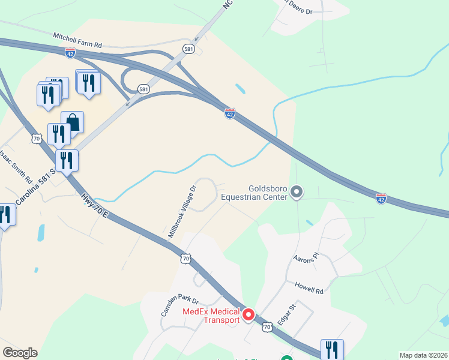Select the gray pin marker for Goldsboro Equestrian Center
point(297,192)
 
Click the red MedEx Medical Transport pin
point(249,314)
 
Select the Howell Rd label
point(309,287)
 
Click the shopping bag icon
point(73,122)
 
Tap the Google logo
point(20,353)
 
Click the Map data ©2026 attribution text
point(423,355)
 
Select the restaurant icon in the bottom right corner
point(332,350)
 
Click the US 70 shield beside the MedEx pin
point(268,326)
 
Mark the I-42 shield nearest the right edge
point(381,197)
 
